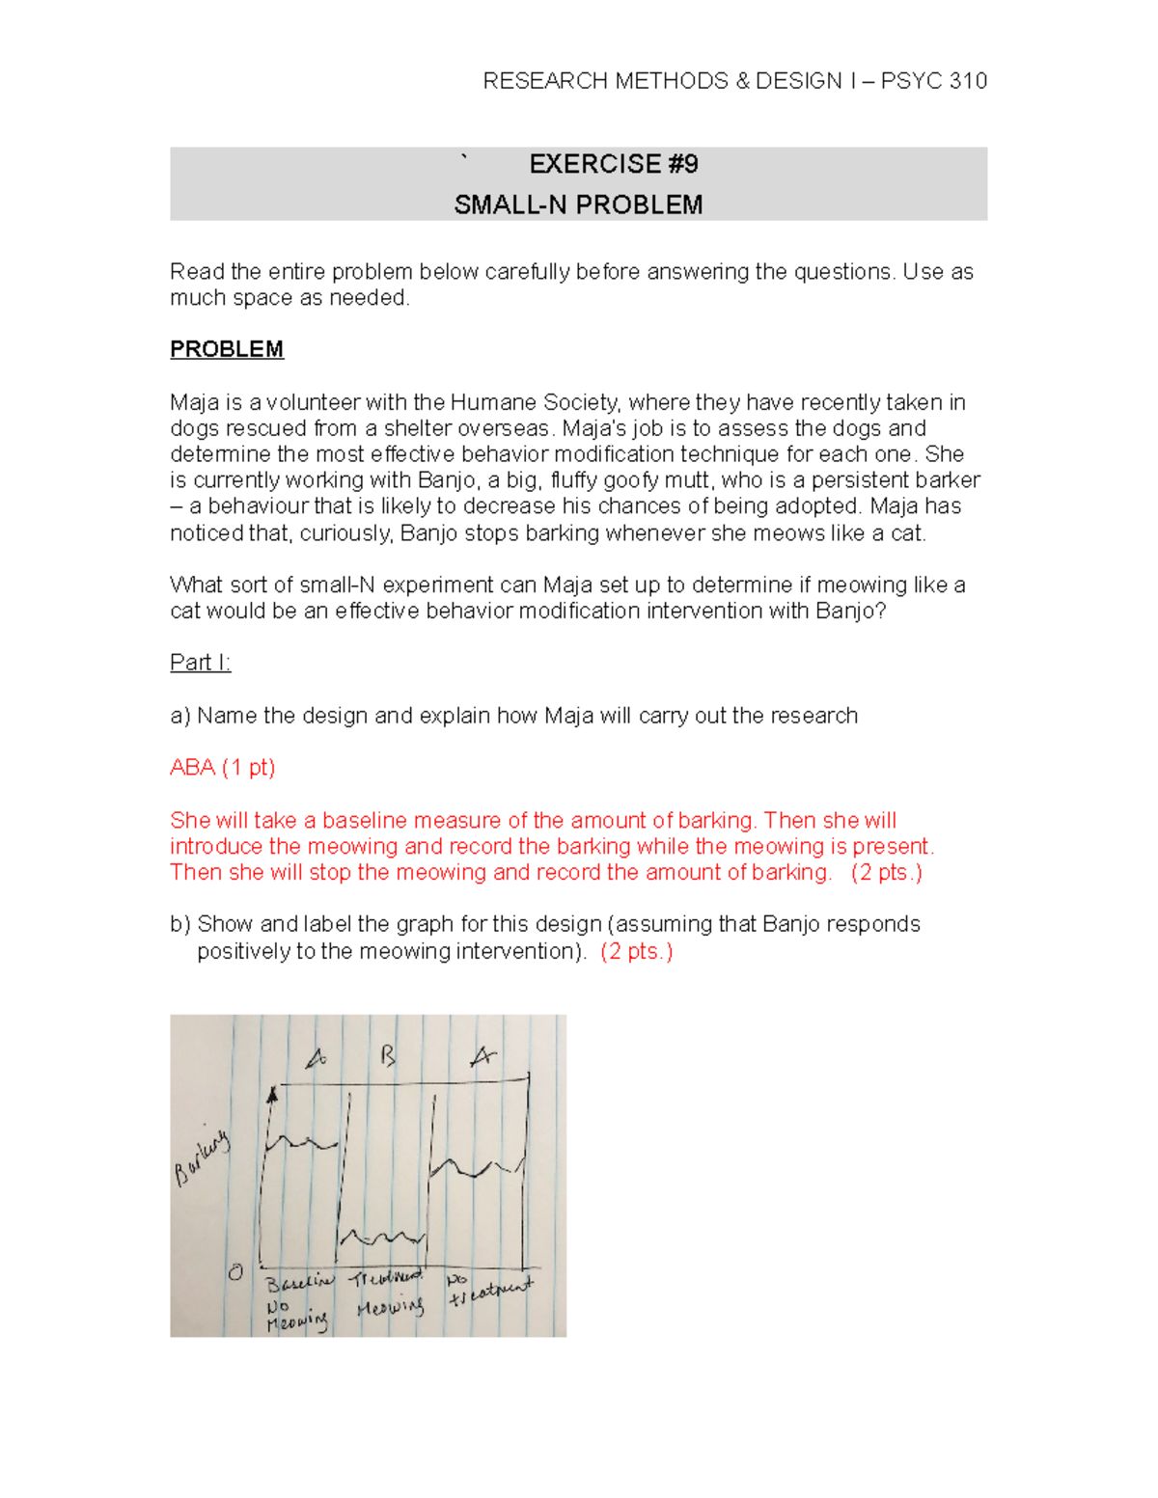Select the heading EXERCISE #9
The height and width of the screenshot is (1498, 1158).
614,164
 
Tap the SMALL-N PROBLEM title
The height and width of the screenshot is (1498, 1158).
578,204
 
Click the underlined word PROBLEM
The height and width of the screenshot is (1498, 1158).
227,349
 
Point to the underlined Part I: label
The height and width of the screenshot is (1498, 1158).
200,663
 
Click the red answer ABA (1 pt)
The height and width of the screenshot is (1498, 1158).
222,768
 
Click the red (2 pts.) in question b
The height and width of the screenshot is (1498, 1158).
636,951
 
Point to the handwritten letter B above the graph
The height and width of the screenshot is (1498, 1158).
388,1056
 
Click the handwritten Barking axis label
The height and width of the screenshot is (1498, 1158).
202,1158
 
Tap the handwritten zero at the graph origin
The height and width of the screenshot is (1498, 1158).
235,1272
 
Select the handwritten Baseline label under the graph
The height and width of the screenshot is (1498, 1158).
298,1283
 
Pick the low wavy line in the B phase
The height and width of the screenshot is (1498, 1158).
383,1237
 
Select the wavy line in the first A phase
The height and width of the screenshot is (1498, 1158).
301,1144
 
